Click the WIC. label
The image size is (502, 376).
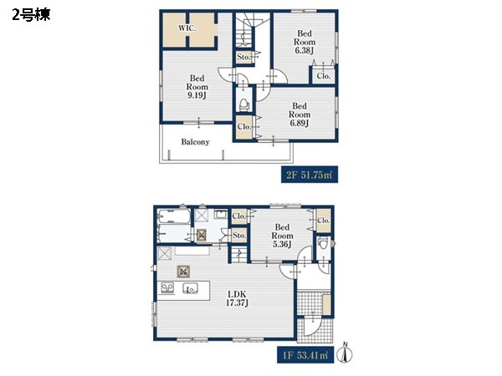coord(187,28)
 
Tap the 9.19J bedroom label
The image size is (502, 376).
coord(197,87)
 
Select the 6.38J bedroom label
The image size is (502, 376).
coord(305,42)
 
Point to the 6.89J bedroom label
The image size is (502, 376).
coord(300,114)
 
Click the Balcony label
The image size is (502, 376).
coord(195,142)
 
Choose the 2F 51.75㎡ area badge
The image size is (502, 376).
coord(310,175)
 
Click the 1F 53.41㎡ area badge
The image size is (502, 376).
coord(305,355)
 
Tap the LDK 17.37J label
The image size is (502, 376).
coord(237,298)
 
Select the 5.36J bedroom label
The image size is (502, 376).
coord(283,236)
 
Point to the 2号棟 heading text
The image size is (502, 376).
coord(31,15)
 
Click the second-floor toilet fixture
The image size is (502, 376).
coord(244,104)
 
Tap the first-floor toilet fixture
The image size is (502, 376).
coord(323,244)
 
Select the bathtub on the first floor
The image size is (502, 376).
coord(175,216)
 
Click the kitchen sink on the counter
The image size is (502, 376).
coord(190,289)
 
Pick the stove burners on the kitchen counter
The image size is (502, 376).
coord(167,287)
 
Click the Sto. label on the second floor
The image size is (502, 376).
coord(243,57)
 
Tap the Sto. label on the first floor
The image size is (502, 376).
coord(239,236)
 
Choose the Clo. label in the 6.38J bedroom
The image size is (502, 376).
coord(323,76)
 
